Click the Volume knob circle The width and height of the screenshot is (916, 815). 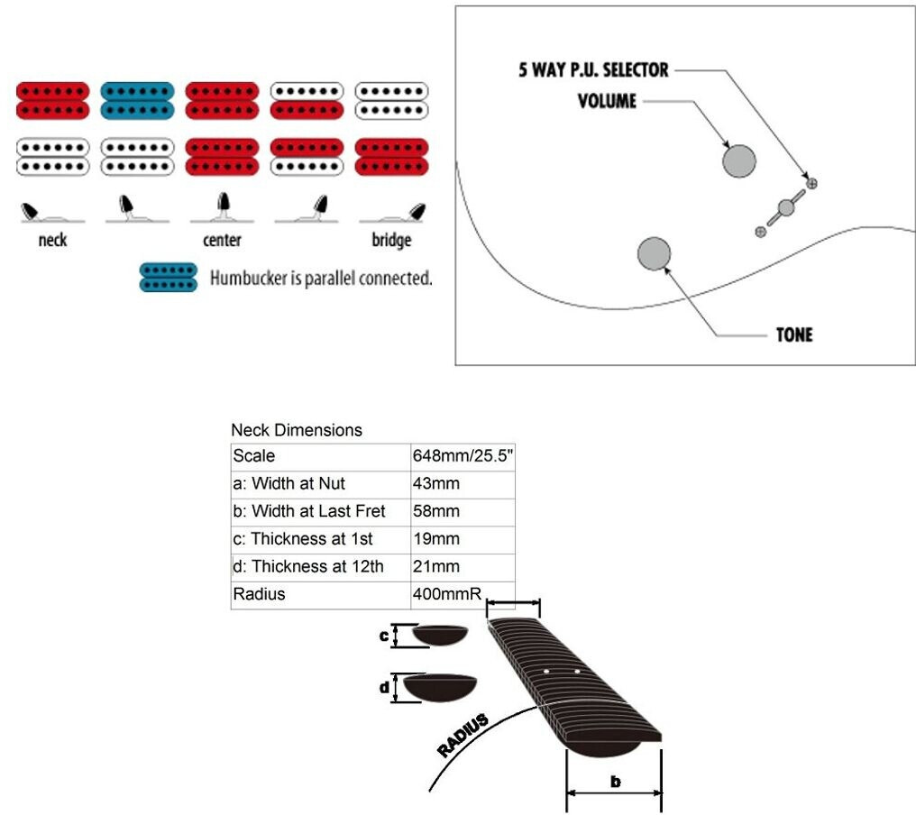pos(739,160)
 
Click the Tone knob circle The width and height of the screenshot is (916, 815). pos(654,253)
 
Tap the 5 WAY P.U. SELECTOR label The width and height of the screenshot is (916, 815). pos(593,69)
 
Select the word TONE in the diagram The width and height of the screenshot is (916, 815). pos(794,334)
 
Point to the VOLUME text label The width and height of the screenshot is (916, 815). pos(607,100)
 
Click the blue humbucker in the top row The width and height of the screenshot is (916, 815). pos(137,100)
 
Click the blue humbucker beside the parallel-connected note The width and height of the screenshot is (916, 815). pos(169,278)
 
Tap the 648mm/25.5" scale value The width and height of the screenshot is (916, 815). pos(463,455)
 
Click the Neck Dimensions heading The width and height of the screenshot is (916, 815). pos(297,430)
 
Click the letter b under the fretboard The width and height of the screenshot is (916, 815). pos(615,782)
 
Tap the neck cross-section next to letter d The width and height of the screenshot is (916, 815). pos(439,687)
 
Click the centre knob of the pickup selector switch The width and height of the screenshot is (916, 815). pos(786,208)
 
